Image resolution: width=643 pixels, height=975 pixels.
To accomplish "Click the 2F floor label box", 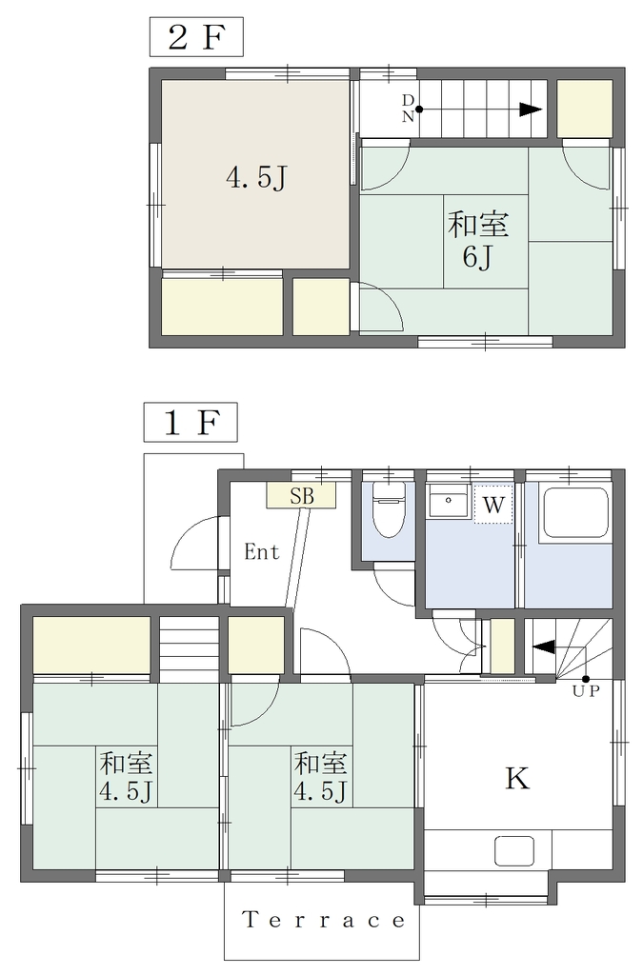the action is (196, 37).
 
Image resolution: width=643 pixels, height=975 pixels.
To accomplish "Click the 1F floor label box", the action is (191, 422).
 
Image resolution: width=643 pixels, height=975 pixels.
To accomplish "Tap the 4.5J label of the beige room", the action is (255, 178).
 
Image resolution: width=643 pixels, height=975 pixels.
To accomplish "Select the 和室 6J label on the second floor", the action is (478, 240).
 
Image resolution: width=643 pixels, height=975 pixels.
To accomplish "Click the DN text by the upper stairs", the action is (408, 109).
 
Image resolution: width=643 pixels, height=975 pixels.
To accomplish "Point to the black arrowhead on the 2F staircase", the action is (531, 110).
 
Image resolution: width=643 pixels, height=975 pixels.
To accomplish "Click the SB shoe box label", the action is (302, 495).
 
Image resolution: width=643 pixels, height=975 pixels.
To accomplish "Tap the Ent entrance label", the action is (262, 551).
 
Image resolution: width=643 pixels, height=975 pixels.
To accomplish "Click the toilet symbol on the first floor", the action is (389, 508).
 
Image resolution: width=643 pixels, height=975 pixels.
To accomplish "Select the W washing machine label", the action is (493, 505).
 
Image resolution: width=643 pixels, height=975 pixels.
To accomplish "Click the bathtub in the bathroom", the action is (575, 513).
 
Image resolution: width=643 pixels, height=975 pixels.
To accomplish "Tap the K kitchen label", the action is (516, 778).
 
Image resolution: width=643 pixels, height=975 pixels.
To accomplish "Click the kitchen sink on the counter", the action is (514, 850).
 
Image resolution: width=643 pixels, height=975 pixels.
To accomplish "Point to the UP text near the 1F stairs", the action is (586, 691).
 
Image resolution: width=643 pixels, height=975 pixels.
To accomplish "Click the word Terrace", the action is (323, 920).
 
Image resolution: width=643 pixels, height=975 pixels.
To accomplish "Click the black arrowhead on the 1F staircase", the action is (544, 647).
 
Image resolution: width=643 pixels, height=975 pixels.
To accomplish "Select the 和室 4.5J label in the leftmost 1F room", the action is (126, 777).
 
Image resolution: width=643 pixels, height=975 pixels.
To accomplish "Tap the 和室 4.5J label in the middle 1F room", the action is (320, 777).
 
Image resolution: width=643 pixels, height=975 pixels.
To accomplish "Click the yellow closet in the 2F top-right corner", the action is (585, 109).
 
